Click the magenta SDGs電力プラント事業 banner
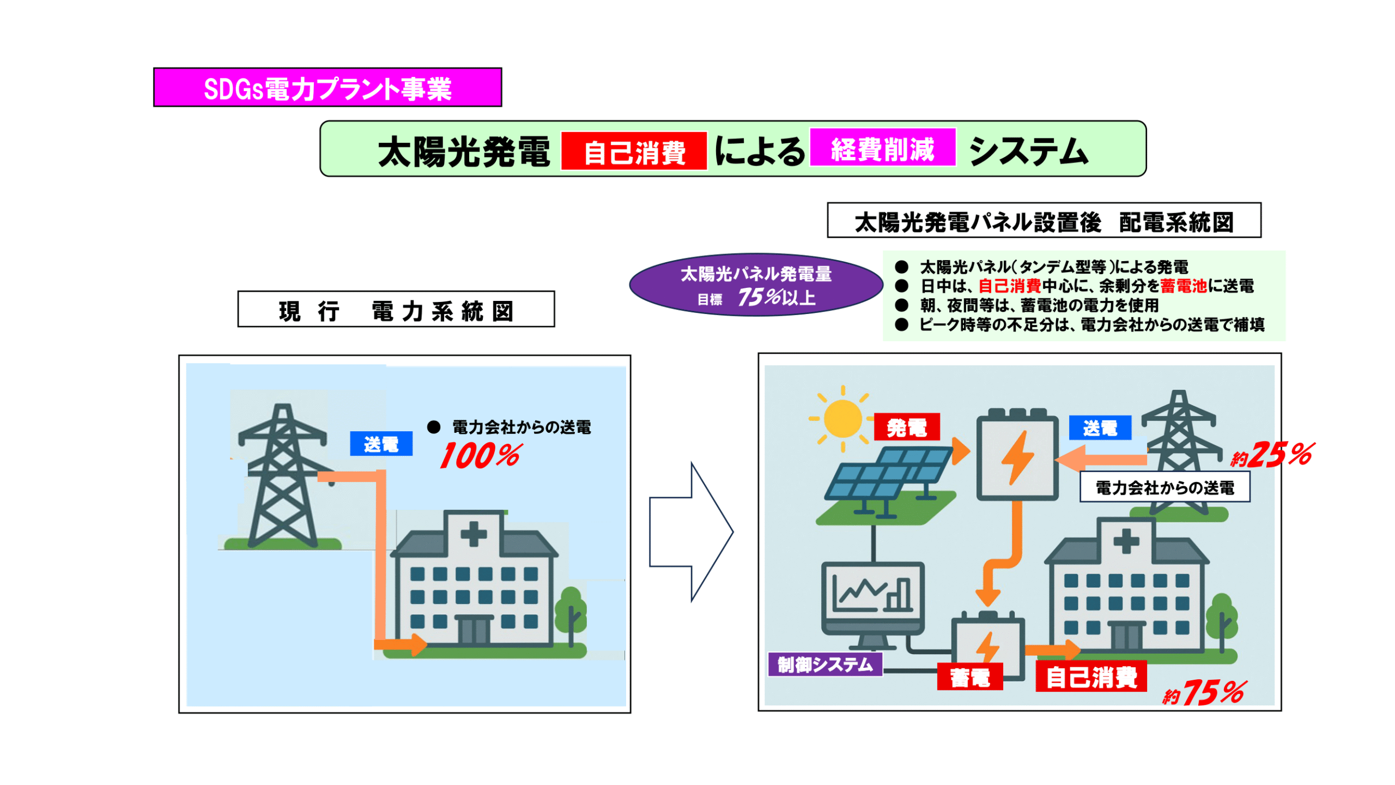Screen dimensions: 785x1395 point(327,87)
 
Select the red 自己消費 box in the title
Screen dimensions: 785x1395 point(634,151)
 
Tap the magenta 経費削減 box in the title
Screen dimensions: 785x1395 point(882,148)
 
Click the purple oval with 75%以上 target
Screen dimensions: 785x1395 point(755,285)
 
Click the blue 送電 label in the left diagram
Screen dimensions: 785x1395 point(381,443)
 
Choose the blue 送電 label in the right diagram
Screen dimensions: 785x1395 point(1099,427)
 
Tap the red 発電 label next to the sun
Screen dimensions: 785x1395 point(906,427)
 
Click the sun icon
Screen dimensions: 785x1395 point(842,419)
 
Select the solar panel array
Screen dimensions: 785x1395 point(888,474)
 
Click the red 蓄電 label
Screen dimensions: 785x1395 point(969,677)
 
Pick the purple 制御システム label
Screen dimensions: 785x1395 point(824,665)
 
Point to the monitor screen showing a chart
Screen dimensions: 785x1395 point(872,593)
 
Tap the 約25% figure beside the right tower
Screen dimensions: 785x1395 point(1272,455)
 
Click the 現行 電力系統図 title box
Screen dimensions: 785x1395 point(396,309)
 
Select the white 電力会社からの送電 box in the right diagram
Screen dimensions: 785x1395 point(1164,487)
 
